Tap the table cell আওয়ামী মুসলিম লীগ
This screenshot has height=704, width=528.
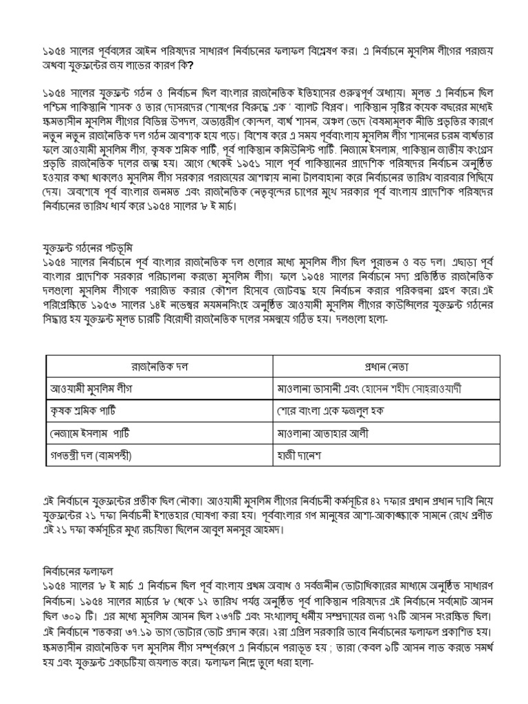coord(90,388)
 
